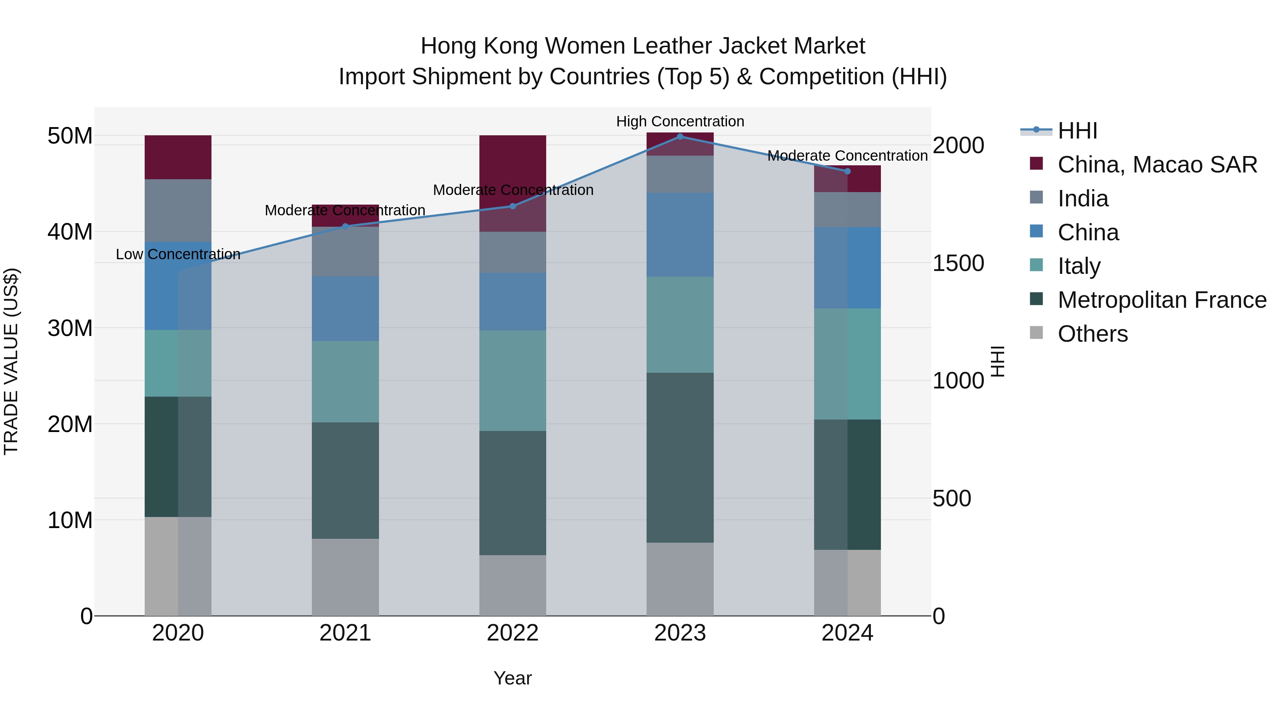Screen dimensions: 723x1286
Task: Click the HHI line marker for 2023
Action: [680, 136]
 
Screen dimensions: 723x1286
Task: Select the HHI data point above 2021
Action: [345, 226]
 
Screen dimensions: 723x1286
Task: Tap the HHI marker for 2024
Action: [847, 171]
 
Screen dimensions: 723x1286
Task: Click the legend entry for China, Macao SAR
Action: [1157, 165]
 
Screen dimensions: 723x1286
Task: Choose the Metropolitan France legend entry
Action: [1162, 300]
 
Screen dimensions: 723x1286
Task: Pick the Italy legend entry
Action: [1078, 266]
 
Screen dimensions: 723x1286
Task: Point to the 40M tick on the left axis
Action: [70, 231]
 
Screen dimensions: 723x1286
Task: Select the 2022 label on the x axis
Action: [512, 633]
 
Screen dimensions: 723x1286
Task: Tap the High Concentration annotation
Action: [680, 121]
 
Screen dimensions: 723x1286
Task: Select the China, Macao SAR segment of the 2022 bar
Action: [512, 165]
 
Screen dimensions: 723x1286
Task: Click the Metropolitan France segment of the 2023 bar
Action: [680, 458]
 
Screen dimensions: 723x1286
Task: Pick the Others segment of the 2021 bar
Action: [345, 577]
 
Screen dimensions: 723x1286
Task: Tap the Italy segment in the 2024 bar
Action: [847, 364]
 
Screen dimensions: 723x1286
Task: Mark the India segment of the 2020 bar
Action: [178, 211]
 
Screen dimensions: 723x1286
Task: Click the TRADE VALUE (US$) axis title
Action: [11, 361]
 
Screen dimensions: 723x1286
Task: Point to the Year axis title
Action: [512, 678]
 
